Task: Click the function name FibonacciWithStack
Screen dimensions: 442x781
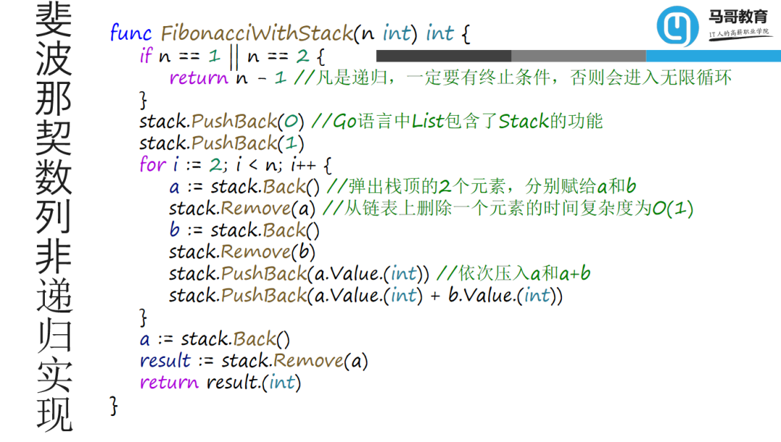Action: point(256,33)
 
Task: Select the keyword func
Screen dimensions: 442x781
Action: point(131,33)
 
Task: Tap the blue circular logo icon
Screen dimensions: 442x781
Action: point(678,27)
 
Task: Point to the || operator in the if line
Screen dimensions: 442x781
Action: point(233,56)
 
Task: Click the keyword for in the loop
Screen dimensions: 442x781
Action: point(152,165)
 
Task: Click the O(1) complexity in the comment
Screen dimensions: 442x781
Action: point(673,208)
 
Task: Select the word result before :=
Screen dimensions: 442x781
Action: point(166,360)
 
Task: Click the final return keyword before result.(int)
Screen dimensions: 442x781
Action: point(169,382)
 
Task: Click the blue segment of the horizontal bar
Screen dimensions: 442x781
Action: point(713,56)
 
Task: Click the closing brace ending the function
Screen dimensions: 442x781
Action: point(114,405)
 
